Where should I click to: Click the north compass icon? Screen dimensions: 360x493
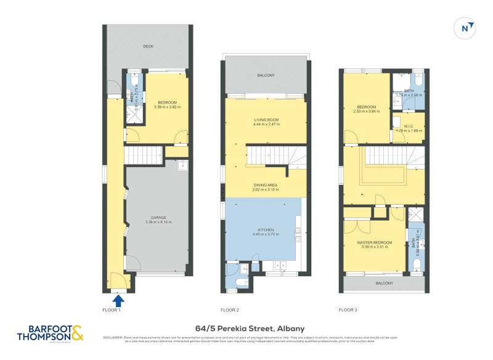467,28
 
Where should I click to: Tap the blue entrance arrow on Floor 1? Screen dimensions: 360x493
119,300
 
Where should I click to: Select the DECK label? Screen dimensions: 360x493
148,46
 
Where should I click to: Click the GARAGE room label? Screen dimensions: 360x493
159,218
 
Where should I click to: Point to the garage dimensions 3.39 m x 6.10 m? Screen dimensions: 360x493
159,223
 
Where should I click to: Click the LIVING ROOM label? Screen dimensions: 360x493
266,120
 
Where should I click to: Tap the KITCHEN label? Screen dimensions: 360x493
266,229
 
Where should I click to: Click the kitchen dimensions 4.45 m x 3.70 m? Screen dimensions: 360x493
266,234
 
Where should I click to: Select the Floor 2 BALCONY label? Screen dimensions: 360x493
266,75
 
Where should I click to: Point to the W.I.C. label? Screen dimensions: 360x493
409,126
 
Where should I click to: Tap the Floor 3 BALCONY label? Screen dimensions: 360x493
383,283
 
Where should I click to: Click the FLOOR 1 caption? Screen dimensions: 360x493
112,309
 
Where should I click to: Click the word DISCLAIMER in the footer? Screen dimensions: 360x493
113,337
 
